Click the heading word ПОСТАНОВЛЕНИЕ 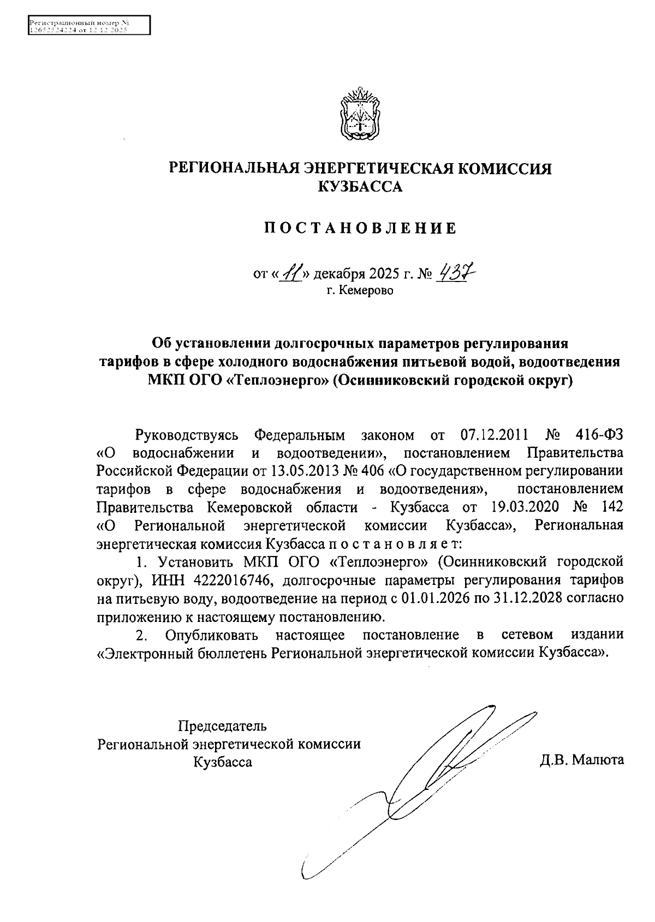click(360, 228)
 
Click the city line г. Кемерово click(360, 290)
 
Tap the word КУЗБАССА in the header click(360, 188)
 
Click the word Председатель click(222, 726)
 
